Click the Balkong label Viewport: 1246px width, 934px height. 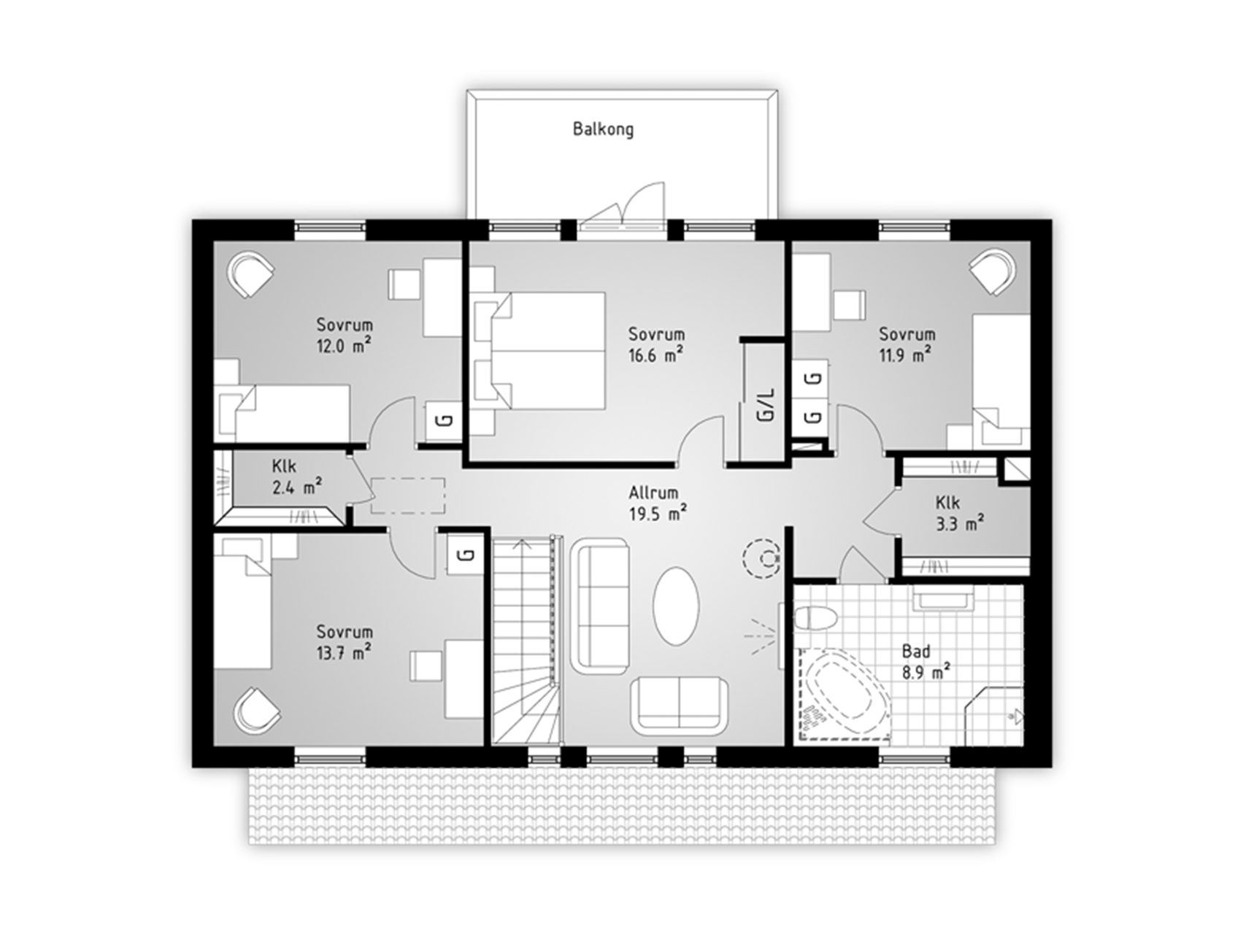[x=603, y=130]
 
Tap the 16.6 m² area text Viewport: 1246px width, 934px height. [x=655, y=355]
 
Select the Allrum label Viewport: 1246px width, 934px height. [x=653, y=493]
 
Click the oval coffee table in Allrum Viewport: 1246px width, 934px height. [x=676, y=606]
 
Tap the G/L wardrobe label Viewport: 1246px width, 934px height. [x=766, y=404]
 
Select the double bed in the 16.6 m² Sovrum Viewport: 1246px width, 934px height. [x=538, y=350]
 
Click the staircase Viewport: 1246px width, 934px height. [x=526, y=641]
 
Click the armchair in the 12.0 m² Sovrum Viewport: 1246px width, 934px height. [x=252, y=274]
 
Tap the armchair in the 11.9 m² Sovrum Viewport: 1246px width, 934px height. [x=993, y=271]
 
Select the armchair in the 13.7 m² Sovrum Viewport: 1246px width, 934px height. [x=257, y=710]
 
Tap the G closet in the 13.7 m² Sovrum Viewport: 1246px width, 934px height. [x=466, y=555]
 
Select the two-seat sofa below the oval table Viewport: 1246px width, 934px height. [x=679, y=705]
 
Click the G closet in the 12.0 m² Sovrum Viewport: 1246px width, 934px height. [x=444, y=421]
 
